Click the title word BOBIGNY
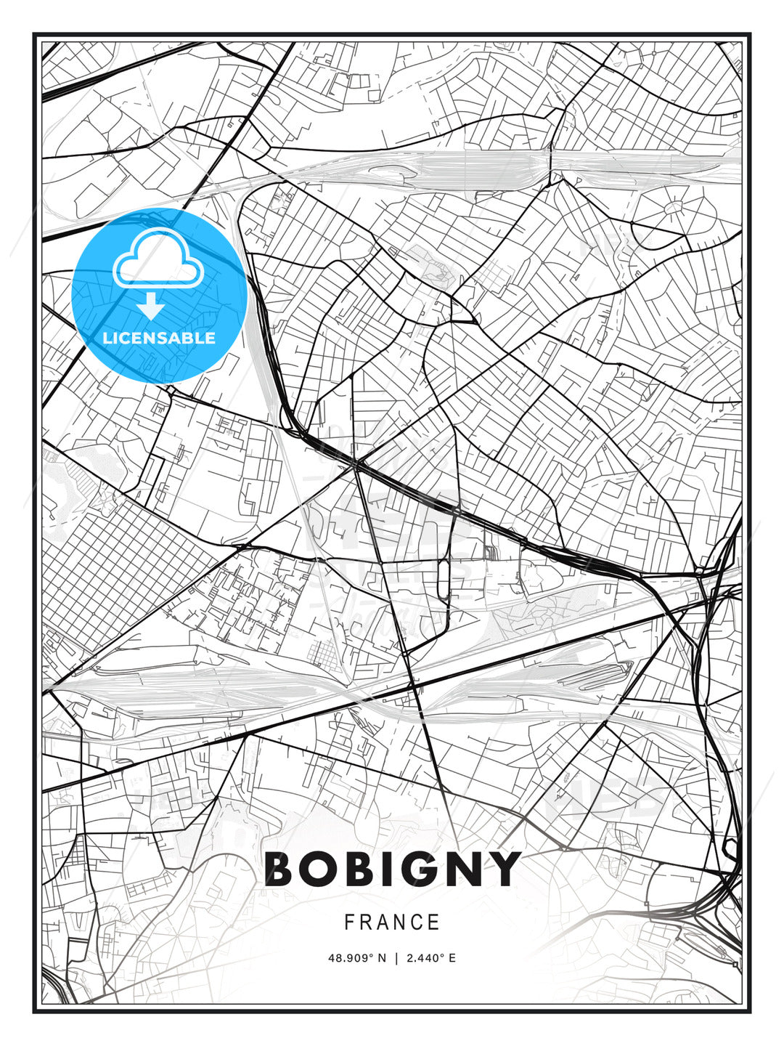[x=392, y=869]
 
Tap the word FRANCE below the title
[x=392, y=923]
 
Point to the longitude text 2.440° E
[x=431, y=958]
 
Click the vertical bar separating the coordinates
[x=396, y=958]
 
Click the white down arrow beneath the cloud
[x=151, y=307]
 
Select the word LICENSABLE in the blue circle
[x=159, y=338]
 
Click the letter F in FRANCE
[x=349, y=923]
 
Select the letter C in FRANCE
[x=417, y=923]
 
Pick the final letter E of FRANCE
[x=434, y=923]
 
